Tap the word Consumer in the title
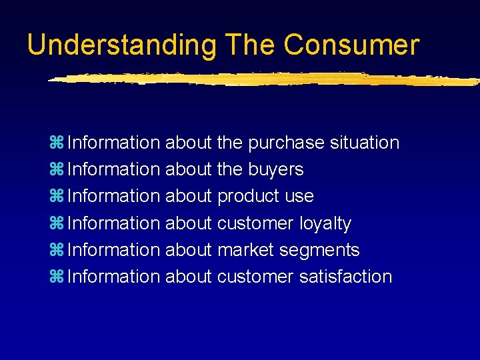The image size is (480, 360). (x=351, y=45)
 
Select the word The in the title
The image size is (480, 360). (x=250, y=45)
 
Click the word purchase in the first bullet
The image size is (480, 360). (x=286, y=143)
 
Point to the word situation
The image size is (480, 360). (x=364, y=143)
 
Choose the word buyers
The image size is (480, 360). (x=275, y=170)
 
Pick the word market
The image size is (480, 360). (x=246, y=250)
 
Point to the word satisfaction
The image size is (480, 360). (x=345, y=276)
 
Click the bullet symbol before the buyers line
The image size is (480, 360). (x=56, y=170)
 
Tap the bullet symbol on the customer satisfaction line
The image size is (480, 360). (x=56, y=277)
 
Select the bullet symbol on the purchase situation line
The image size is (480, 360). (x=56, y=143)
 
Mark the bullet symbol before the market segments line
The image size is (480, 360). (x=56, y=250)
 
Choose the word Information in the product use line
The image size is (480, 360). (x=114, y=196)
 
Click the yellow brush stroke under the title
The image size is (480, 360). (x=260, y=79)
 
